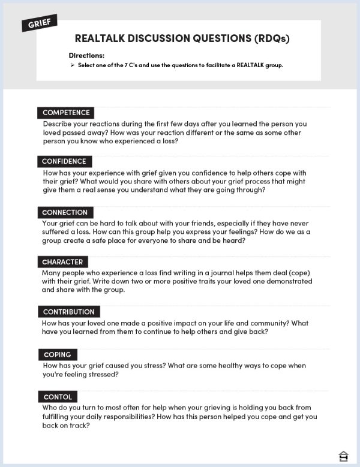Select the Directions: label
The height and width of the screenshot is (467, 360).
[x=86, y=56]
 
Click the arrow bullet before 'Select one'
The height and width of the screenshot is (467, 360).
[x=72, y=65]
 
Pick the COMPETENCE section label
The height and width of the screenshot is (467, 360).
[x=66, y=113]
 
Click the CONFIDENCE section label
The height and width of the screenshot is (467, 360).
[x=64, y=161]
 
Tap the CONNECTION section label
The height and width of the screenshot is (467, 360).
[x=65, y=212]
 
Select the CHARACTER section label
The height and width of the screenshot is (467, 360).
[x=62, y=262]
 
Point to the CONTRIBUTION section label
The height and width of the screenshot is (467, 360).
[x=68, y=312]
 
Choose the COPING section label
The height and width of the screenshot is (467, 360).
[x=57, y=355]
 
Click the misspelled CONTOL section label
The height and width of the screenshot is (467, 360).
[x=58, y=397]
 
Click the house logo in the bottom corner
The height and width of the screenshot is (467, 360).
[x=343, y=455]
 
